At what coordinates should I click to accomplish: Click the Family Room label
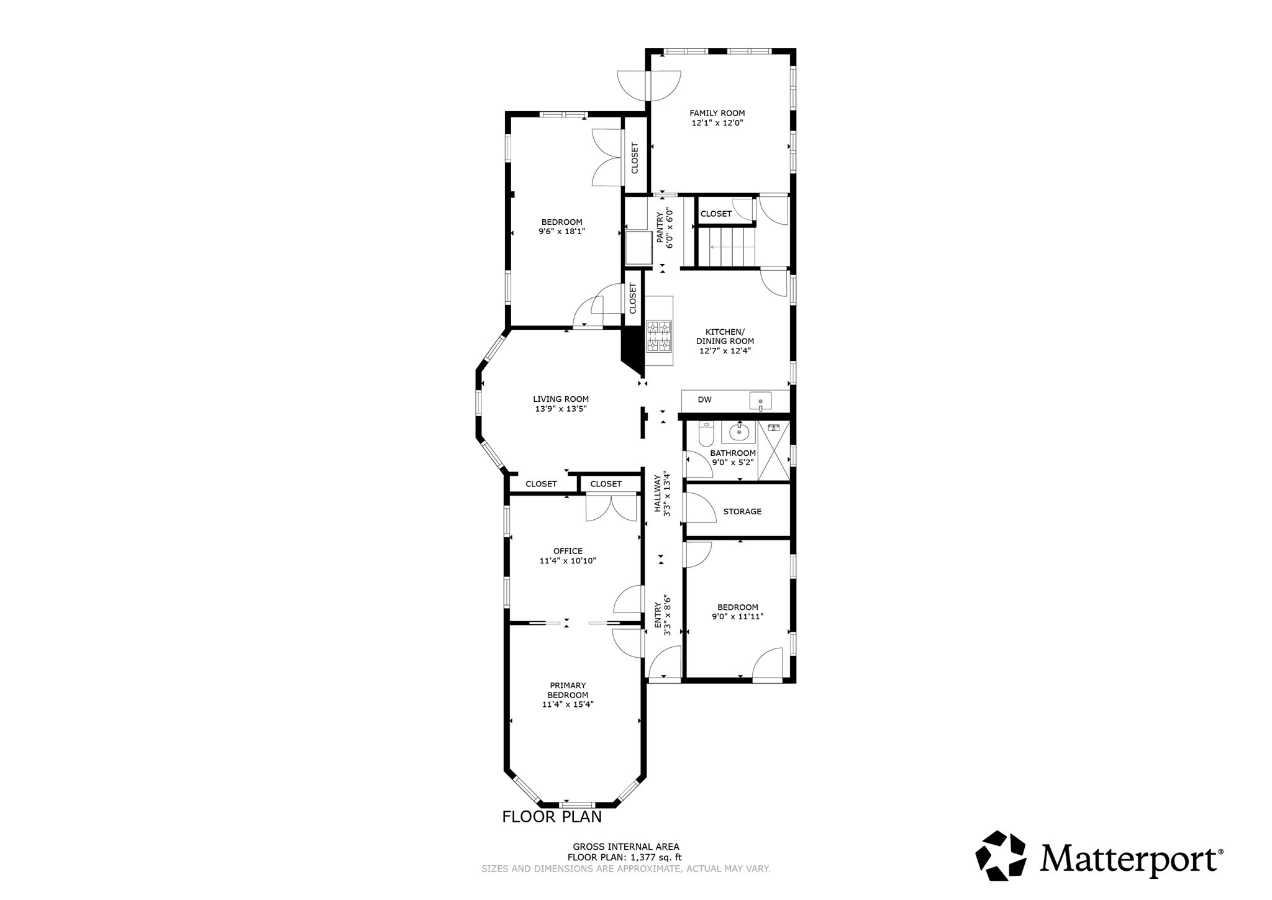[x=717, y=113]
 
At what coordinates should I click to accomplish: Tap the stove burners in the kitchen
[x=658, y=336]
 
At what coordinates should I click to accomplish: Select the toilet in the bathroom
[x=706, y=434]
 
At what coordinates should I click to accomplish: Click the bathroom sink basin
[x=738, y=431]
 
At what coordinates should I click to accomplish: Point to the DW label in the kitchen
[x=704, y=400]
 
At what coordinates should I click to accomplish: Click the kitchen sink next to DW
[x=760, y=401]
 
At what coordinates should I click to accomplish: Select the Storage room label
[x=742, y=512]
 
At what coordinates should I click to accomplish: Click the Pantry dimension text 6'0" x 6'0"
[x=670, y=228]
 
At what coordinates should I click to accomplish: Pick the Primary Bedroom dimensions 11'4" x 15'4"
[x=568, y=704]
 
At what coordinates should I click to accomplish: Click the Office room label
[x=568, y=551]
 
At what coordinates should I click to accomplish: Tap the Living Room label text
[x=561, y=399]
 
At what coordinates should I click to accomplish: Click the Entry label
[x=658, y=614]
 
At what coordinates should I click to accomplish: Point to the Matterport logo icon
[x=1000, y=855]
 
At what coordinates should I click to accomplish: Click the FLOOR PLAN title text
[x=552, y=817]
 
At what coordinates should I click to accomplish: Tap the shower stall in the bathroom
[x=773, y=451]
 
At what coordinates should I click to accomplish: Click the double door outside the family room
[x=649, y=85]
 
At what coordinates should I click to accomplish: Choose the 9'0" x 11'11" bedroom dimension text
[x=737, y=617]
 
